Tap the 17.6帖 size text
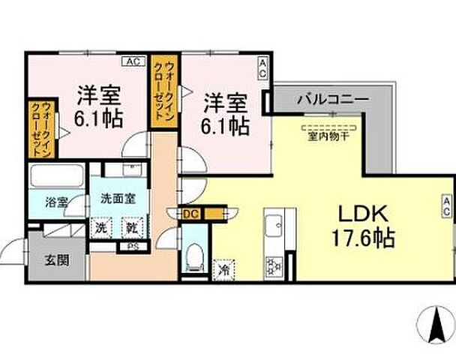364,240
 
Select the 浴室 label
56,202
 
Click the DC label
191,214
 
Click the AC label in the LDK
446,207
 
